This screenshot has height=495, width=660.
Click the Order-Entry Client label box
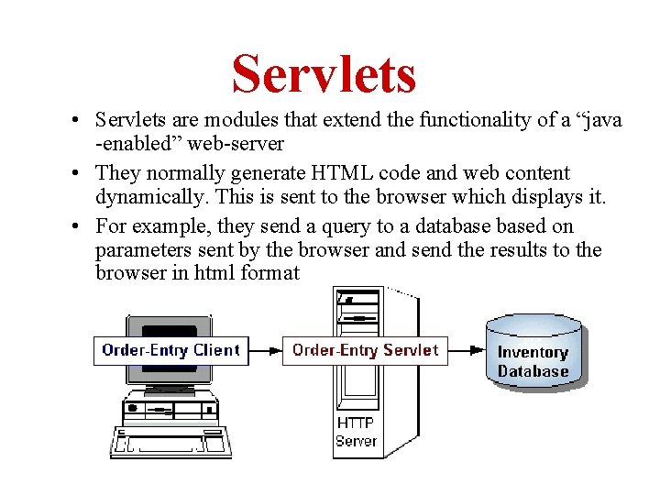coord(171,350)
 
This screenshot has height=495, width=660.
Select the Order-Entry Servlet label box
coord(365,350)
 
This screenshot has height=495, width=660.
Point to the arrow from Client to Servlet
coord(265,350)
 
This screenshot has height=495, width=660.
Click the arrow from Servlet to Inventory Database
coord(467,350)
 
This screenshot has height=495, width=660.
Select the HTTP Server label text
coord(356,432)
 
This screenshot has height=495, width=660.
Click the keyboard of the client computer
coord(171,441)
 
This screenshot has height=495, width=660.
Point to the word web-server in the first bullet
coord(237,145)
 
